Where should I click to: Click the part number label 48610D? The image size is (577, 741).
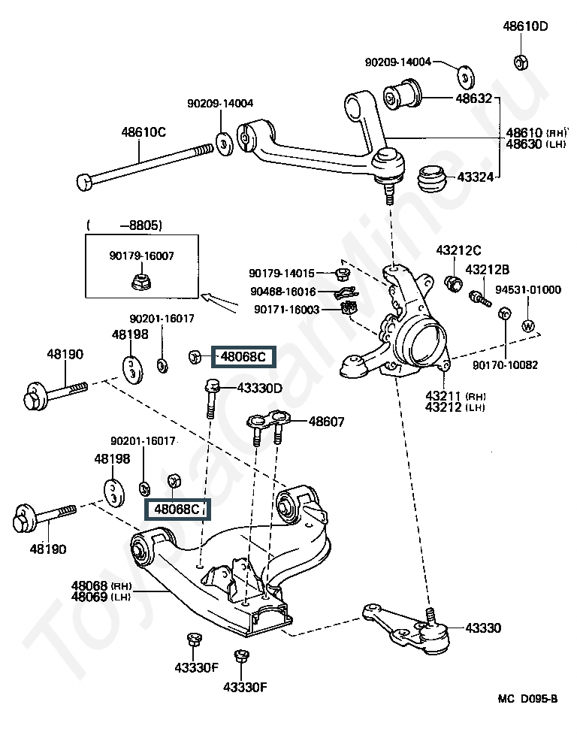525,27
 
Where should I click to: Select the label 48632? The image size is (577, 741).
473,98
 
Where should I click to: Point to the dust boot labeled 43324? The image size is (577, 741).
431,178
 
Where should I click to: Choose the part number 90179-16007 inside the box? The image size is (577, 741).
141,256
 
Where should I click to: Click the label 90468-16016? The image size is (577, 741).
285,292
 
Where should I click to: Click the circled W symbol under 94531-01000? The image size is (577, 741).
527,325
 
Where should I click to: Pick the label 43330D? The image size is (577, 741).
259,389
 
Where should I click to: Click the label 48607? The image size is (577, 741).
326,422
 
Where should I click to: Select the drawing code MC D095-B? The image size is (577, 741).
527,699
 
